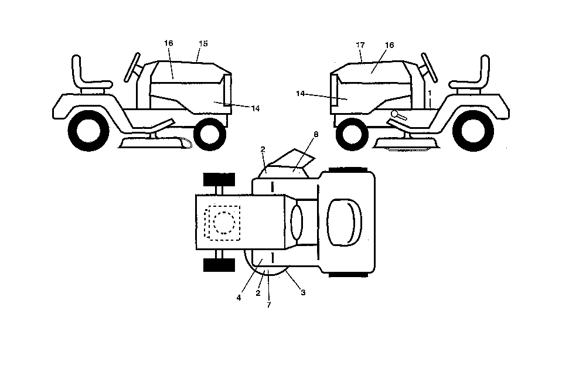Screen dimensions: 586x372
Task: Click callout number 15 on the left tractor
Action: point(203,44)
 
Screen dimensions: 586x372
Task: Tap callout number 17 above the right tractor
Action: point(360,45)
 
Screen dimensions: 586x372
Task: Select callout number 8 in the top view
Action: point(316,135)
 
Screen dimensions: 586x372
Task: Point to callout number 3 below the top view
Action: point(303,293)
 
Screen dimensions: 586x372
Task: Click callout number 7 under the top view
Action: point(269,305)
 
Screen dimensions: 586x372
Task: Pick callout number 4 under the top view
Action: point(239,298)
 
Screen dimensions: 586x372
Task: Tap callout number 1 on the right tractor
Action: point(430,93)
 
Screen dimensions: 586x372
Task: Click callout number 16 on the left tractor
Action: point(169,43)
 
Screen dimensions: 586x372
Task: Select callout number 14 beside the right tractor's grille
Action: point(301,94)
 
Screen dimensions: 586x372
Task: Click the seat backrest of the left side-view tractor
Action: point(76,71)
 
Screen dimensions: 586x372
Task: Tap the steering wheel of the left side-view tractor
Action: point(132,67)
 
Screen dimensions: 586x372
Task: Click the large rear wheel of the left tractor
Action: point(89,131)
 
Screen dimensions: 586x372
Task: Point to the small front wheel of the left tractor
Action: point(210,134)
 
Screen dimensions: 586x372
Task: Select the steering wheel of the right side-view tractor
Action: point(430,67)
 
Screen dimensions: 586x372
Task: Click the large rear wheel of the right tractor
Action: point(473,131)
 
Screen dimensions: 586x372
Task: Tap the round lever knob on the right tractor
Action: point(394,114)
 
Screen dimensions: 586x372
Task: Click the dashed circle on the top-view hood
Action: point(224,223)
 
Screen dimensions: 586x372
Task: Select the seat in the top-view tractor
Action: point(344,223)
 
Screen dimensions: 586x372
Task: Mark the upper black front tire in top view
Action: point(219,180)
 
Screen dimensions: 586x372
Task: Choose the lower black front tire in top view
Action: point(219,265)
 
